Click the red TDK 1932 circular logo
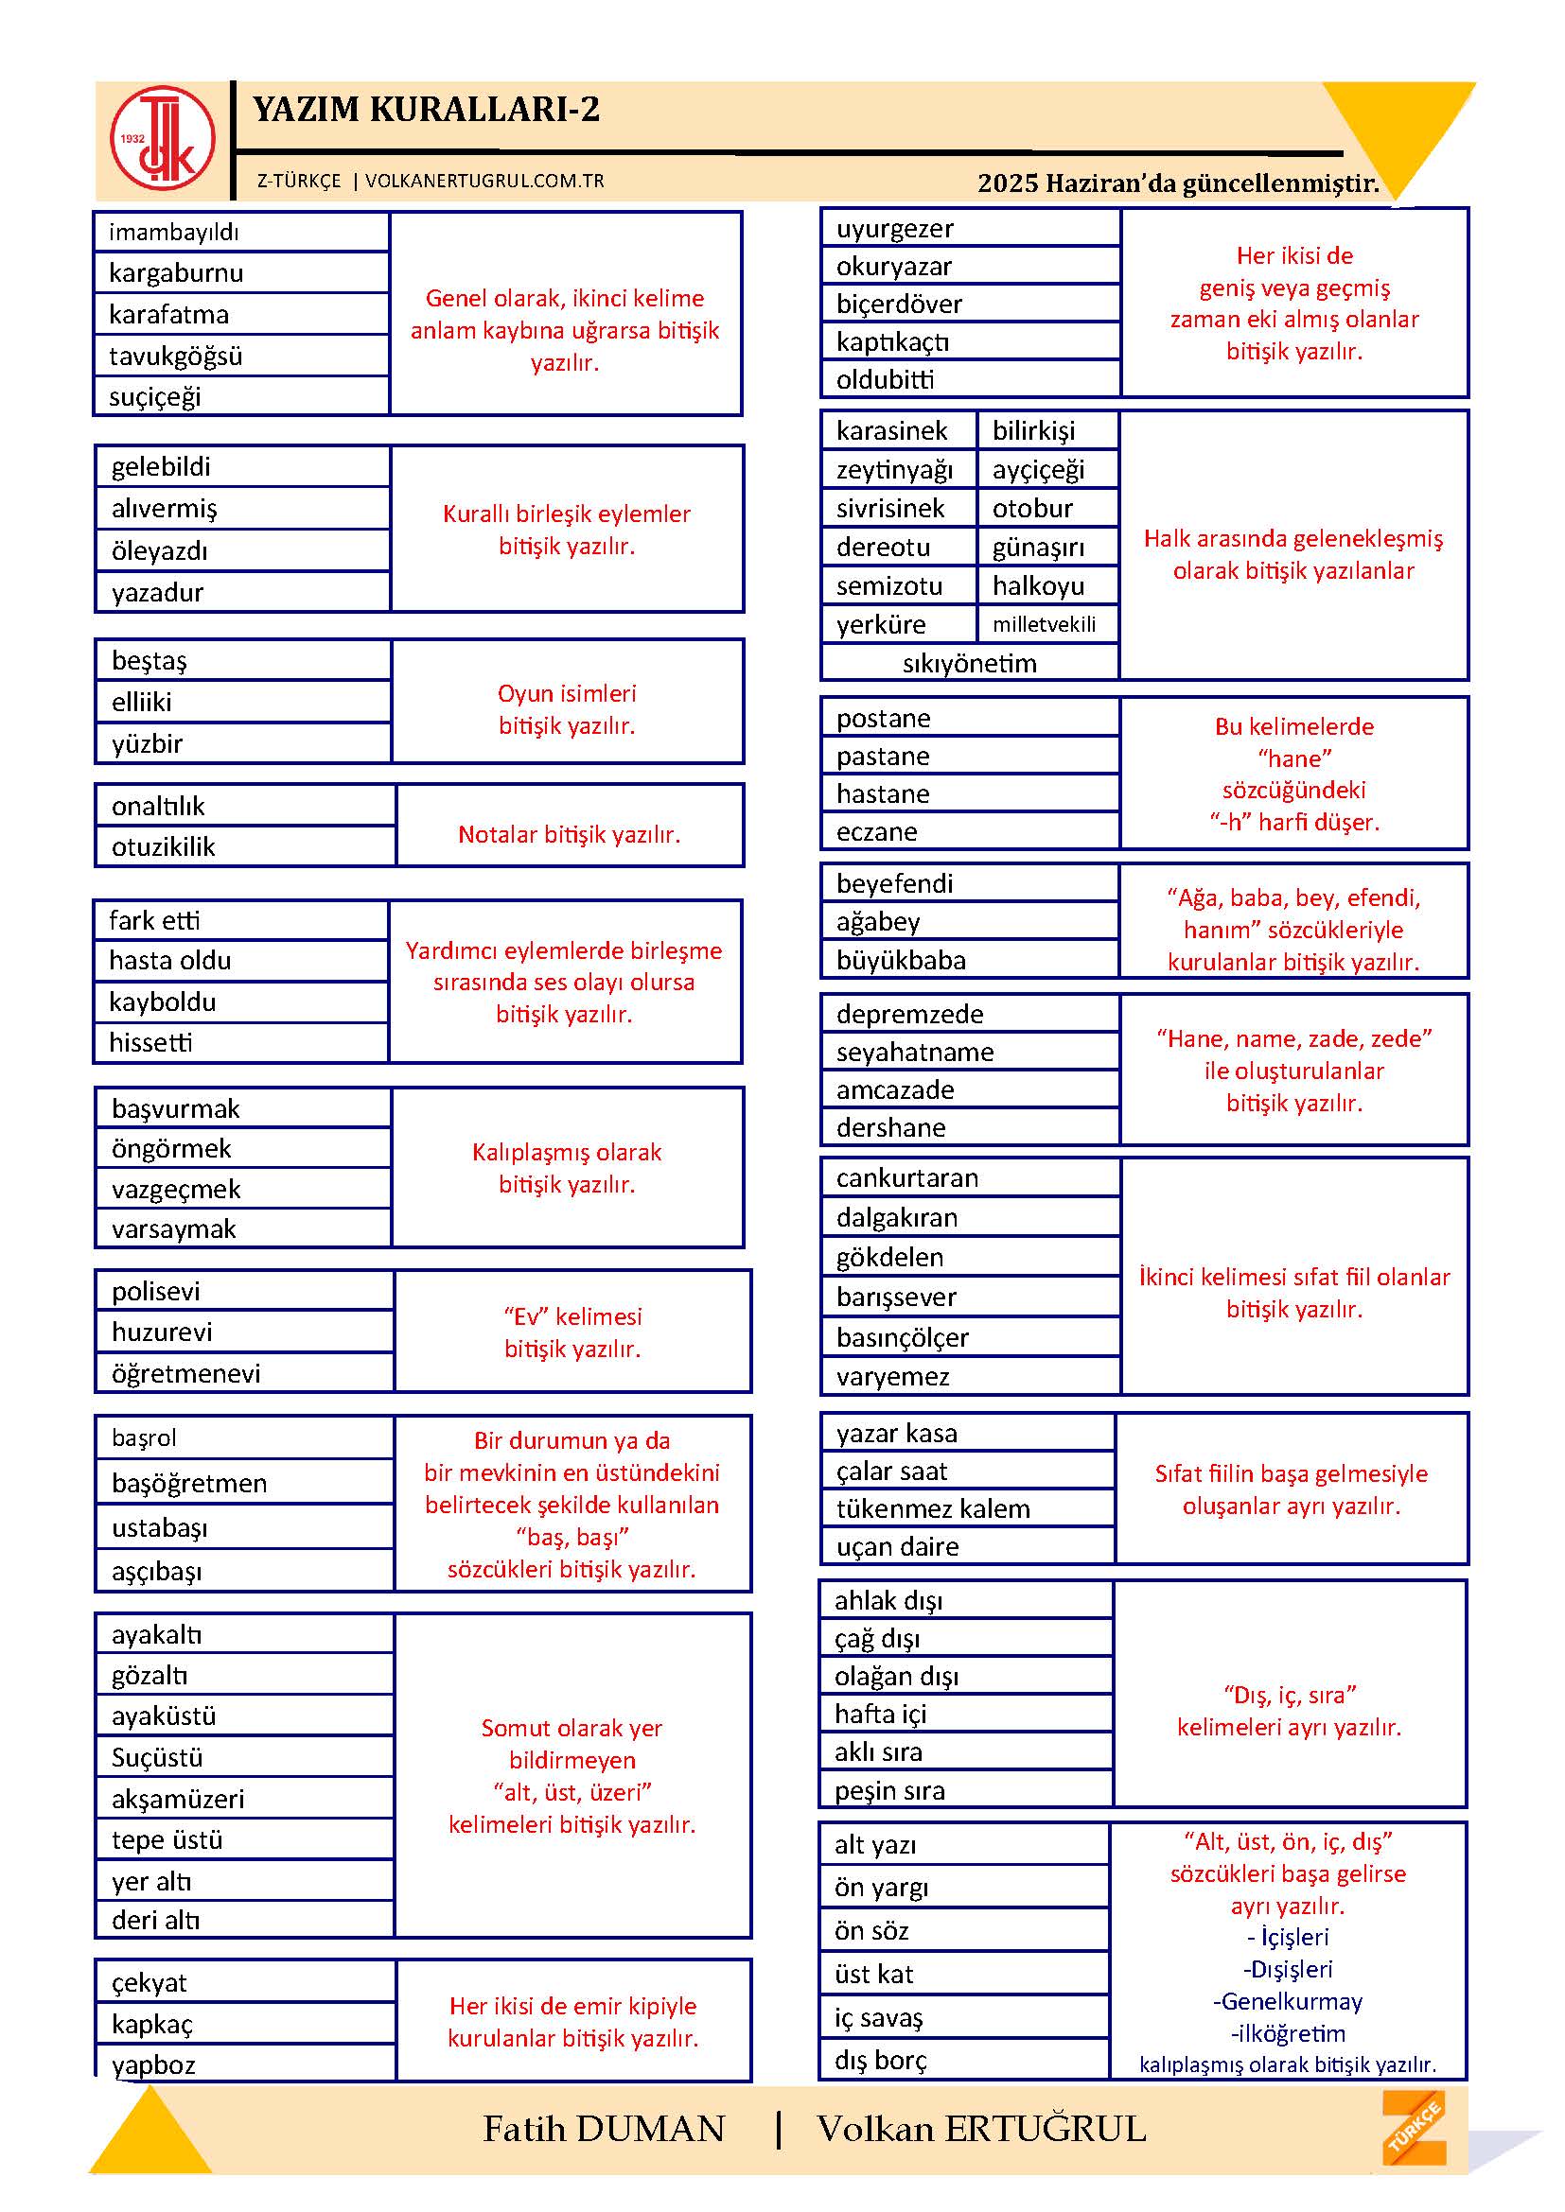click(162, 139)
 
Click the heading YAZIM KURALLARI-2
click(426, 110)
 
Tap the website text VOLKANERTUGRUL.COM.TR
click(484, 182)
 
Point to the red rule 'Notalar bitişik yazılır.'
click(569, 834)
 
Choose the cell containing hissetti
click(241, 1042)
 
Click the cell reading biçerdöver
click(970, 305)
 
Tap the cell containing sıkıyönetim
click(970, 663)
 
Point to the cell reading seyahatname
click(970, 1052)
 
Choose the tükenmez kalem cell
click(968, 1508)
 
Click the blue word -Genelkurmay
click(1288, 2001)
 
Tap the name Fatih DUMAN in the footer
click(604, 2128)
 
